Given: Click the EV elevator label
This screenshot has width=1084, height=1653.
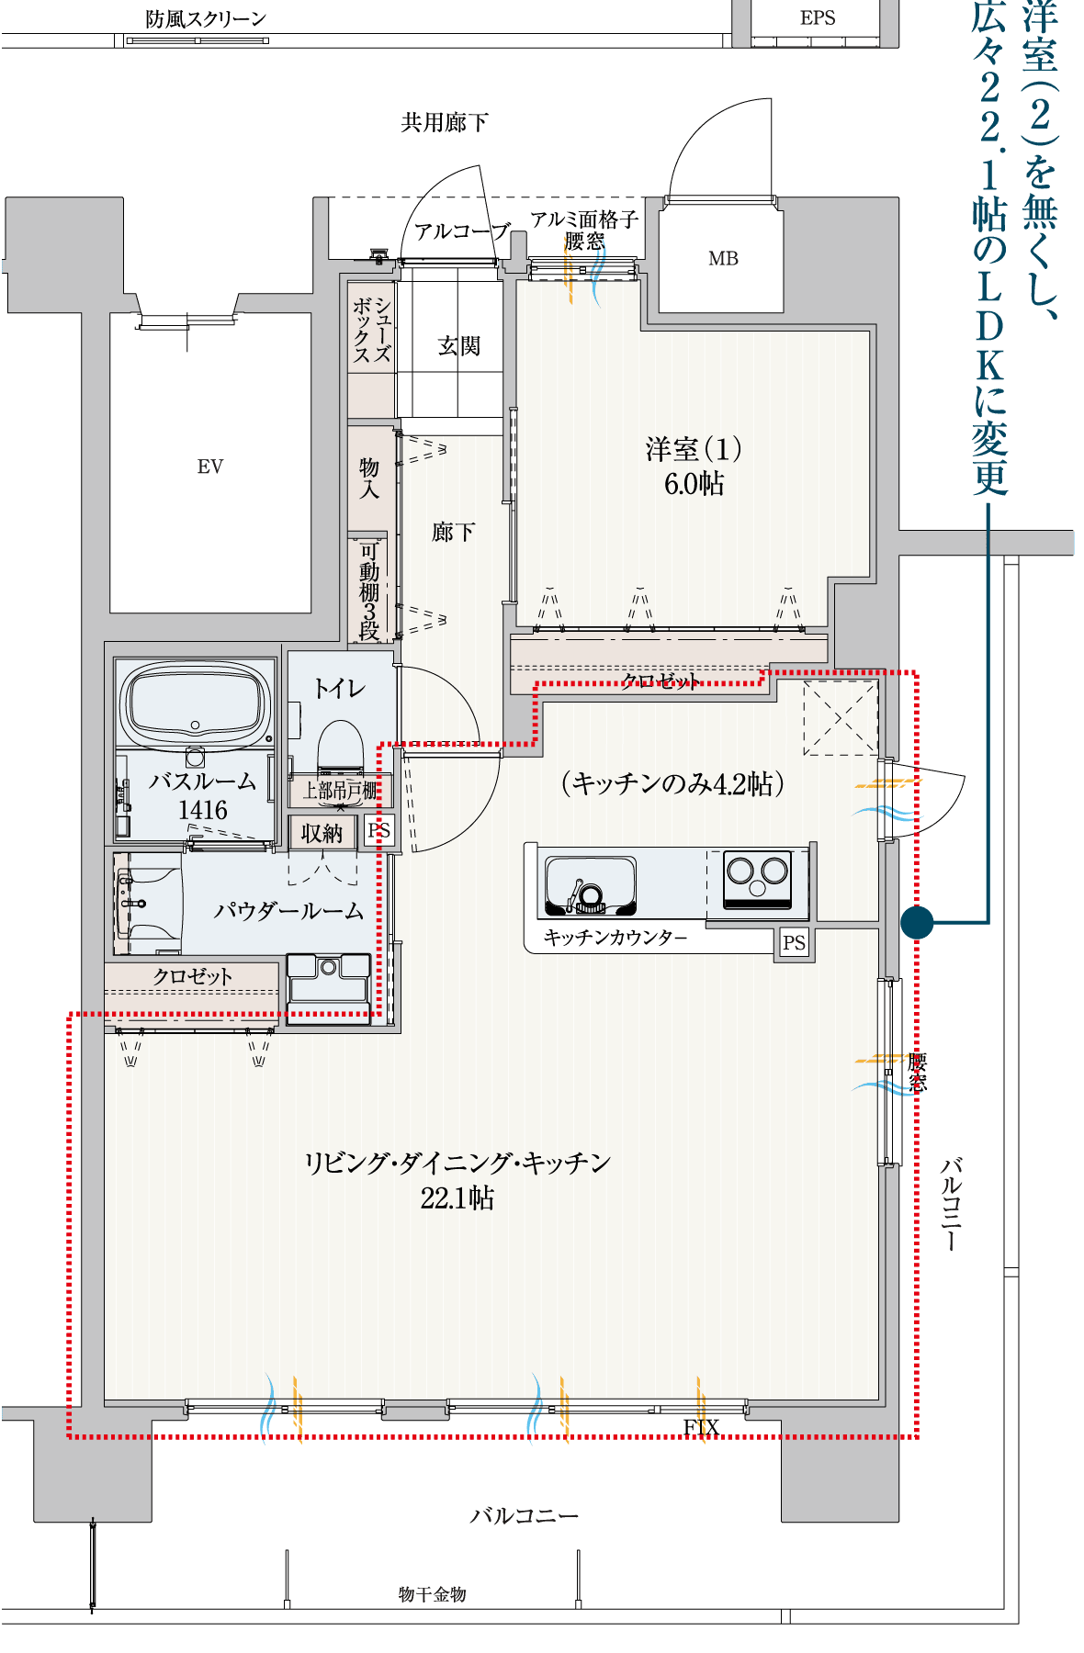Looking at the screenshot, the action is click(210, 467).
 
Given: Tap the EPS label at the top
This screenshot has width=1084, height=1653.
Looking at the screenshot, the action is click(818, 18).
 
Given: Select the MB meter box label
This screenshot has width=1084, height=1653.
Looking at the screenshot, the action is click(723, 259).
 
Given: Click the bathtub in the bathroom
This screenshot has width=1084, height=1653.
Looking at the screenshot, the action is click(196, 702).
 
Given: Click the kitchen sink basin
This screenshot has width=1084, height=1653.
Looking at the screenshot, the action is click(591, 885).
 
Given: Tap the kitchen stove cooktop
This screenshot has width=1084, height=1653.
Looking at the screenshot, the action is click(757, 879).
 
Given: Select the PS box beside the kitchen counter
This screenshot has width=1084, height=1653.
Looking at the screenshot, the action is click(795, 943).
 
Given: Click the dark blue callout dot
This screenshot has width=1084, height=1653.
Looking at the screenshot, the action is click(917, 922).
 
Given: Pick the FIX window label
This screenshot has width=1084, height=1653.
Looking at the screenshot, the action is click(701, 1426).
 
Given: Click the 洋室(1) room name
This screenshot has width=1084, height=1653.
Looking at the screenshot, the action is click(694, 449).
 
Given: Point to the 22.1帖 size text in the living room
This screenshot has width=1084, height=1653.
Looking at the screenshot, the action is click(457, 1198).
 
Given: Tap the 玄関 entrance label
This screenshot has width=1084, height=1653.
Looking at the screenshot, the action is click(459, 345).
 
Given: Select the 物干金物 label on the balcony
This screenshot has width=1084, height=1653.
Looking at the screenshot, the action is click(433, 1594).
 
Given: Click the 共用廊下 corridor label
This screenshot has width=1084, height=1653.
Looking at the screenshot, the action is click(445, 122).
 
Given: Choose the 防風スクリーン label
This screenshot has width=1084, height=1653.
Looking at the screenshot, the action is click(206, 18).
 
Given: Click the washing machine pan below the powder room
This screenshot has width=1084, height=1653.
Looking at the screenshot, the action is click(329, 988).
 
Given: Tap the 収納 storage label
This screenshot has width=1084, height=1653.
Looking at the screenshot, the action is click(322, 833).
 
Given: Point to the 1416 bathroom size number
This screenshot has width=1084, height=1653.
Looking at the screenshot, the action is click(203, 810).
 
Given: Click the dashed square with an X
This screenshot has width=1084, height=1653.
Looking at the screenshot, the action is click(841, 718).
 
